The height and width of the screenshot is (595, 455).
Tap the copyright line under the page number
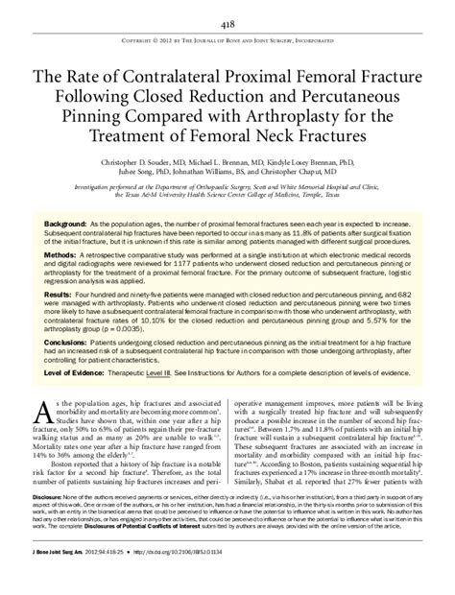pos(227,42)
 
